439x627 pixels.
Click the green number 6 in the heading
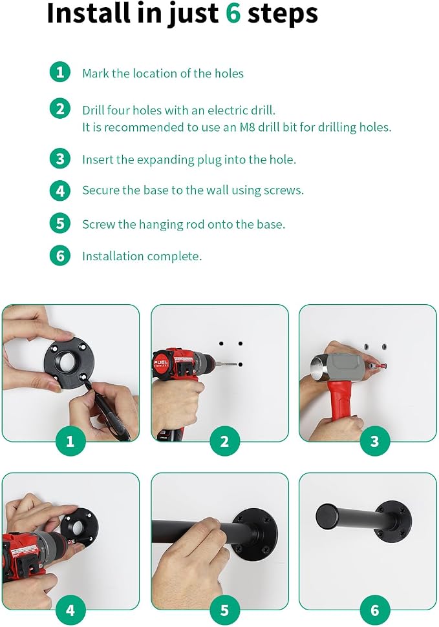pyautogui.click(x=233, y=13)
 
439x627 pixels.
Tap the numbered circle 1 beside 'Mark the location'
pyautogui.click(x=60, y=72)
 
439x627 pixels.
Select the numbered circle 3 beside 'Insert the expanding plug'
pyautogui.click(x=60, y=159)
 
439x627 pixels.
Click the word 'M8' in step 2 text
pyautogui.click(x=247, y=127)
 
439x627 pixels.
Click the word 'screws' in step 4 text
pyautogui.click(x=283, y=190)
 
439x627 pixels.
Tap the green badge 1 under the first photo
pyautogui.click(x=70, y=441)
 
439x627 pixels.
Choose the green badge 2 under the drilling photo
pyautogui.click(x=224, y=441)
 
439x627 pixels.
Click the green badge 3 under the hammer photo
pyautogui.click(x=374, y=441)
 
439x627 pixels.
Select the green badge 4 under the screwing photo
pyautogui.click(x=70, y=610)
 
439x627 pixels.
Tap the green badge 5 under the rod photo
pyautogui.click(x=224, y=610)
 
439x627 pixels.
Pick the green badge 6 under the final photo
pyautogui.click(x=374, y=610)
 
